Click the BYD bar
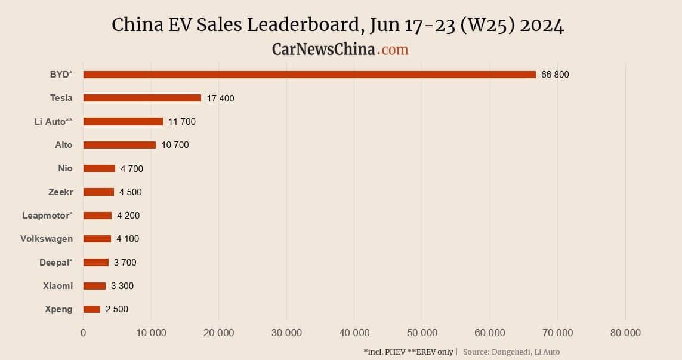(x=309, y=75)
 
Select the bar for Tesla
(x=142, y=98)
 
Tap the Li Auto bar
(x=123, y=121)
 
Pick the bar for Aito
(x=119, y=145)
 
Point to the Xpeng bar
(x=92, y=309)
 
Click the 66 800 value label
(x=555, y=75)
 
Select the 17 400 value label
(x=221, y=98)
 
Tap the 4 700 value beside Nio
(x=132, y=168)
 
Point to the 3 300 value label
(x=122, y=286)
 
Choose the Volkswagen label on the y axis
(x=47, y=239)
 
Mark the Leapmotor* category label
(x=48, y=216)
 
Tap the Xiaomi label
(x=58, y=286)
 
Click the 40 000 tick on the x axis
(x=354, y=333)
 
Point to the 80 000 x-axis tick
(x=625, y=333)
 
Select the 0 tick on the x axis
(x=84, y=333)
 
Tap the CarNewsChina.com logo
(x=340, y=49)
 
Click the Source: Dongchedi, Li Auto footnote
(x=511, y=352)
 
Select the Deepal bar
(x=96, y=263)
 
